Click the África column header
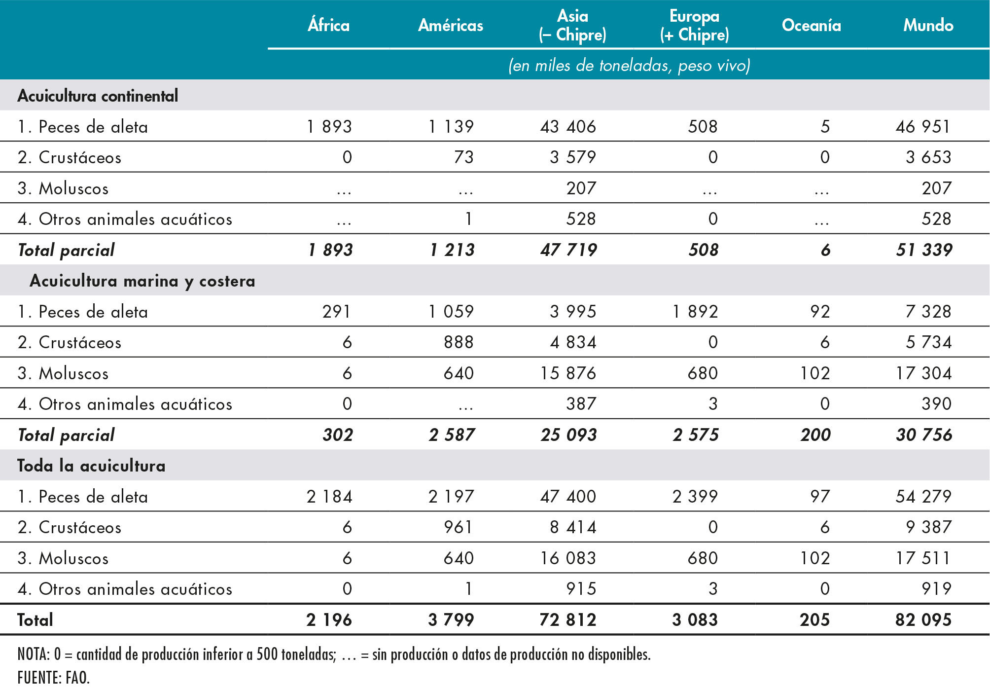328,25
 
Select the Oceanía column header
811,25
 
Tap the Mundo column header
928,25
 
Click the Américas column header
451,25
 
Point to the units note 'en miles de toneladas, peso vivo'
629,66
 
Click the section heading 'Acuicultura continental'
98,96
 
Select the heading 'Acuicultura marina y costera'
142,281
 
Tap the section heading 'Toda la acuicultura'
91,466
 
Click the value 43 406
568,127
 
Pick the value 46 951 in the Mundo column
923,127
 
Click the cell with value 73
463,157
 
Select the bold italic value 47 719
568,250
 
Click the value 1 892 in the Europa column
695,312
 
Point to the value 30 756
924,435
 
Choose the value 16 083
568,558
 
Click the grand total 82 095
923,620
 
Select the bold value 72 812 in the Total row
568,620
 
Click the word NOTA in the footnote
33,655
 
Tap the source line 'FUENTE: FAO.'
53,678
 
